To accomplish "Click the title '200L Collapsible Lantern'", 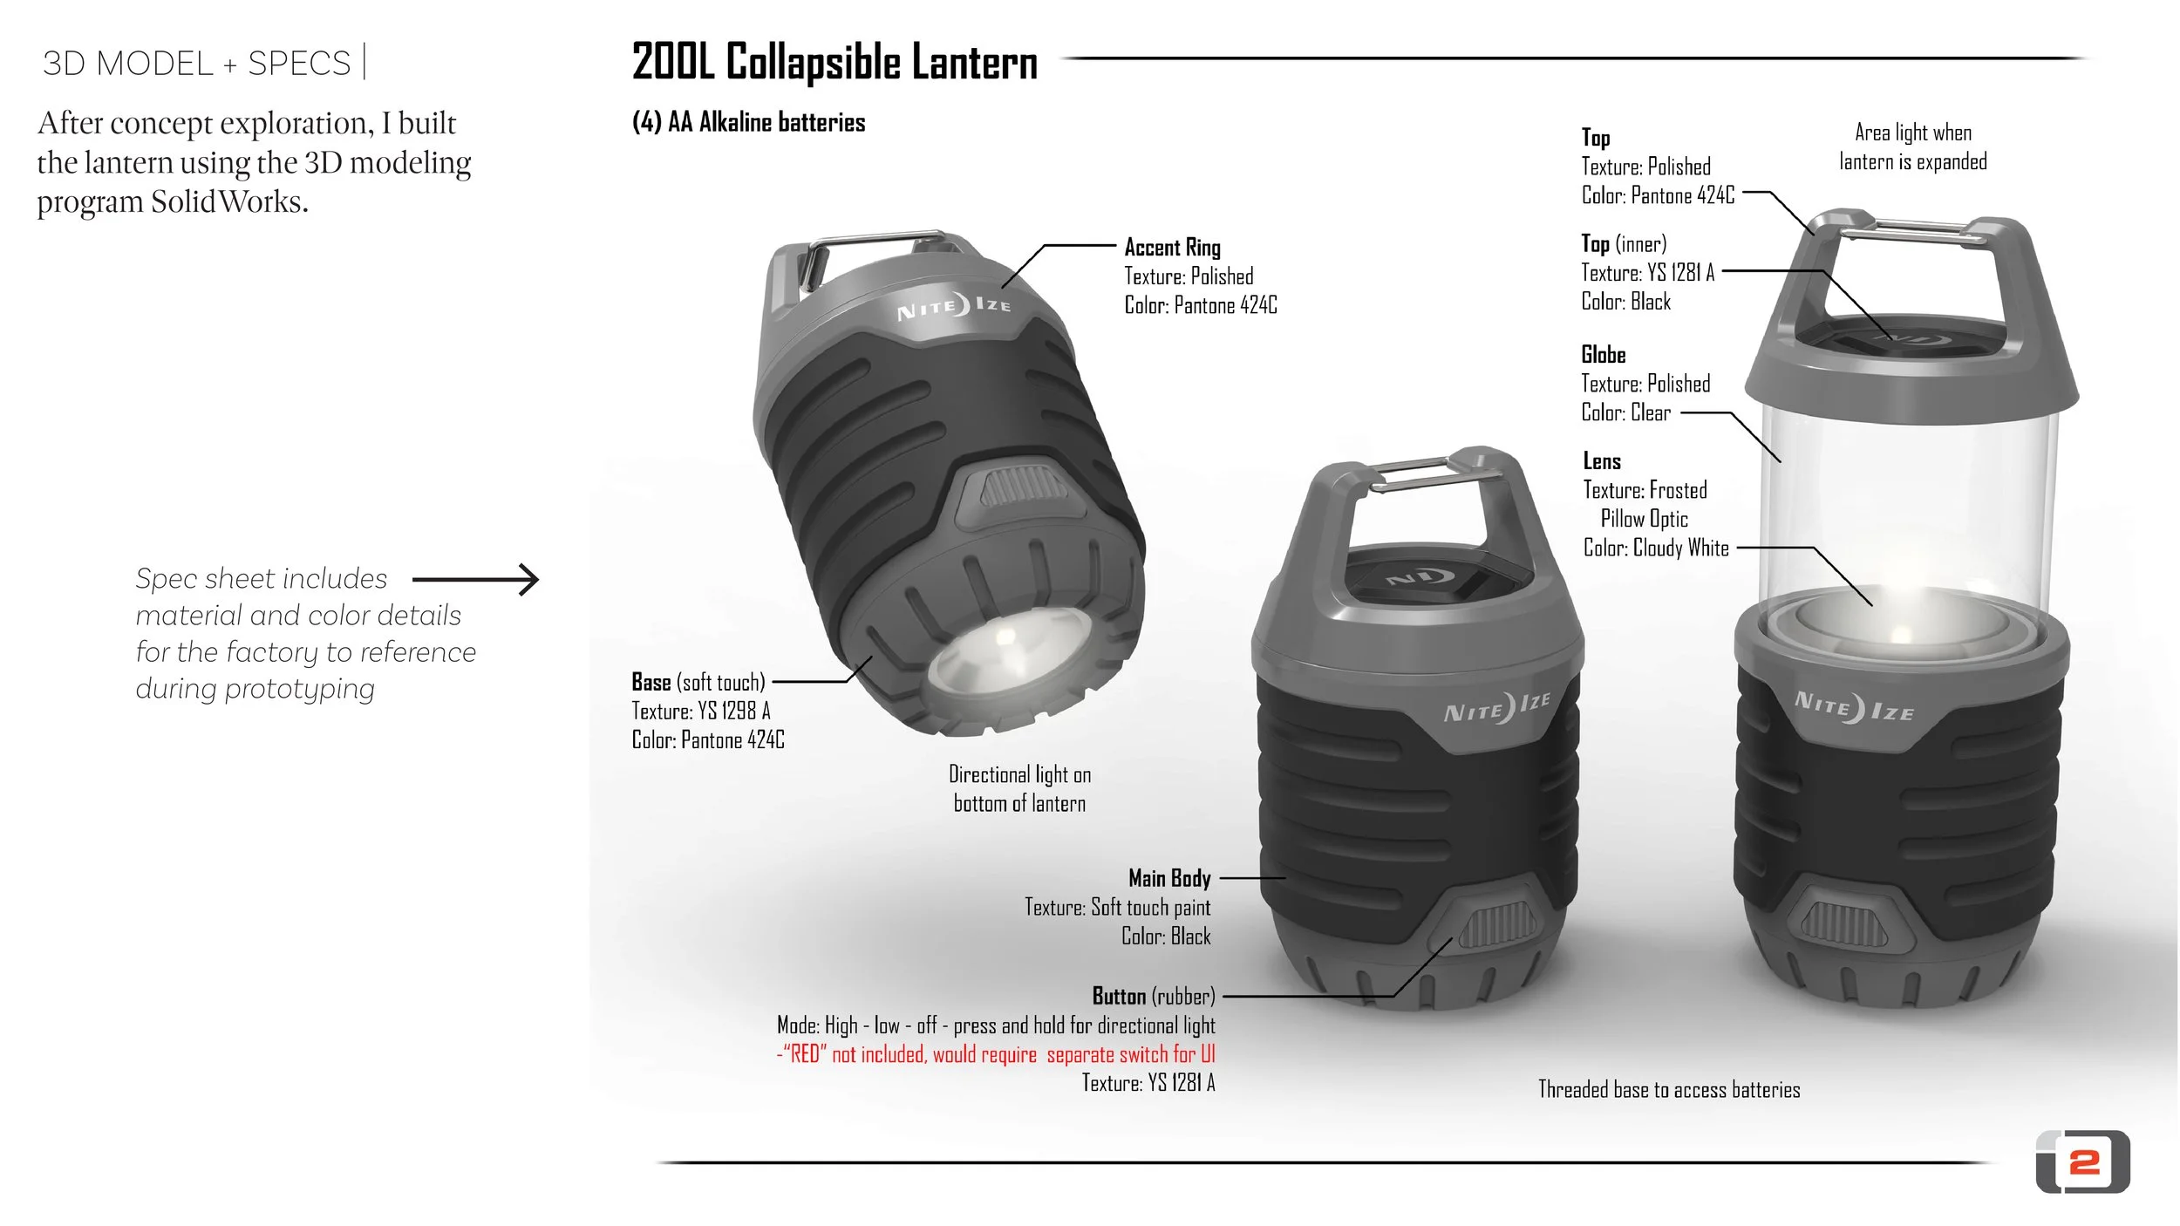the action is pyautogui.click(x=835, y=63).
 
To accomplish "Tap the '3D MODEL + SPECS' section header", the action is pyautogui.click(x=196, y=64).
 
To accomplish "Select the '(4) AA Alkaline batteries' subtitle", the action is pyautogui.click(x=748, y=122).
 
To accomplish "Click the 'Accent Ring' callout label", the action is pyautogui.click(x=1172, y=248).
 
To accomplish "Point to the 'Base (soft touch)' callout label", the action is pyautogui.click(x=698, y=682).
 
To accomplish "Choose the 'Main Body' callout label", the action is pyautogui.click(x=1169, y=877).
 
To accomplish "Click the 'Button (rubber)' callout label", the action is pyautogui.click(x=1153, y=996).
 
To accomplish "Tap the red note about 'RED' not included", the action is pyautogui.click(x=996, y=1054).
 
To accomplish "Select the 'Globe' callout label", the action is pyautogui.click(x=1603, y=355).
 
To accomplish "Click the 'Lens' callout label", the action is pyautogui.click(x=1602, y=461).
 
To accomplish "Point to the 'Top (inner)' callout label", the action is pyautogui.click(x=1624, y=244).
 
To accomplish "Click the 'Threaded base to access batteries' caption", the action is pyautogui.click(x=1668, y=1089).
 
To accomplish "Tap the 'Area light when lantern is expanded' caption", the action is pyautogui.click(x=1912, y=147).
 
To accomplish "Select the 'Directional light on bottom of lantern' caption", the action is pyautogui.click(x=1019, y=788).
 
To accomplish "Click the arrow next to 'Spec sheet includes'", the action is pyautogui.click(x=476, y=579).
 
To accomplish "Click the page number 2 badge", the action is pyautogui.click(x=2083, y=1161).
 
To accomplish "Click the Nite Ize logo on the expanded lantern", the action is pyautogui.click(x=1854, y=705).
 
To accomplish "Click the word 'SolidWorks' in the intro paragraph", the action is pyautogui.click(x=229, y=201).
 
